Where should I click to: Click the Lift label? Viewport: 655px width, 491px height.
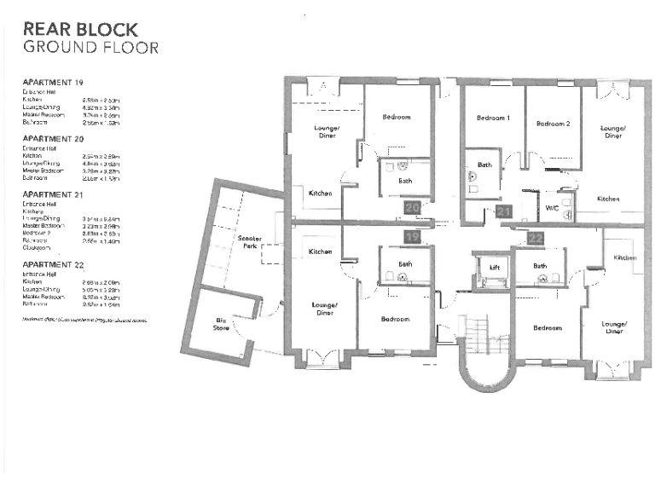[493, 268]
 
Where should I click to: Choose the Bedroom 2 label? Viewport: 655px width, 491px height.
[552, 124]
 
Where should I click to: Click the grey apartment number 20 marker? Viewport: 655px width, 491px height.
[411, 207]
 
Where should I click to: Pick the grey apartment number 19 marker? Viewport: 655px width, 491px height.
[412, 236]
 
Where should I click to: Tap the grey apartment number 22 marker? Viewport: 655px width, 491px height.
[535, 239]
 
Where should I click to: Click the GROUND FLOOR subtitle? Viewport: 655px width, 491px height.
[90, 48]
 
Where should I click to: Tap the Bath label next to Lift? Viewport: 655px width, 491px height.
[540, 266]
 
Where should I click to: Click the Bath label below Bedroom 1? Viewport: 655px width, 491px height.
[484, 165]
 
